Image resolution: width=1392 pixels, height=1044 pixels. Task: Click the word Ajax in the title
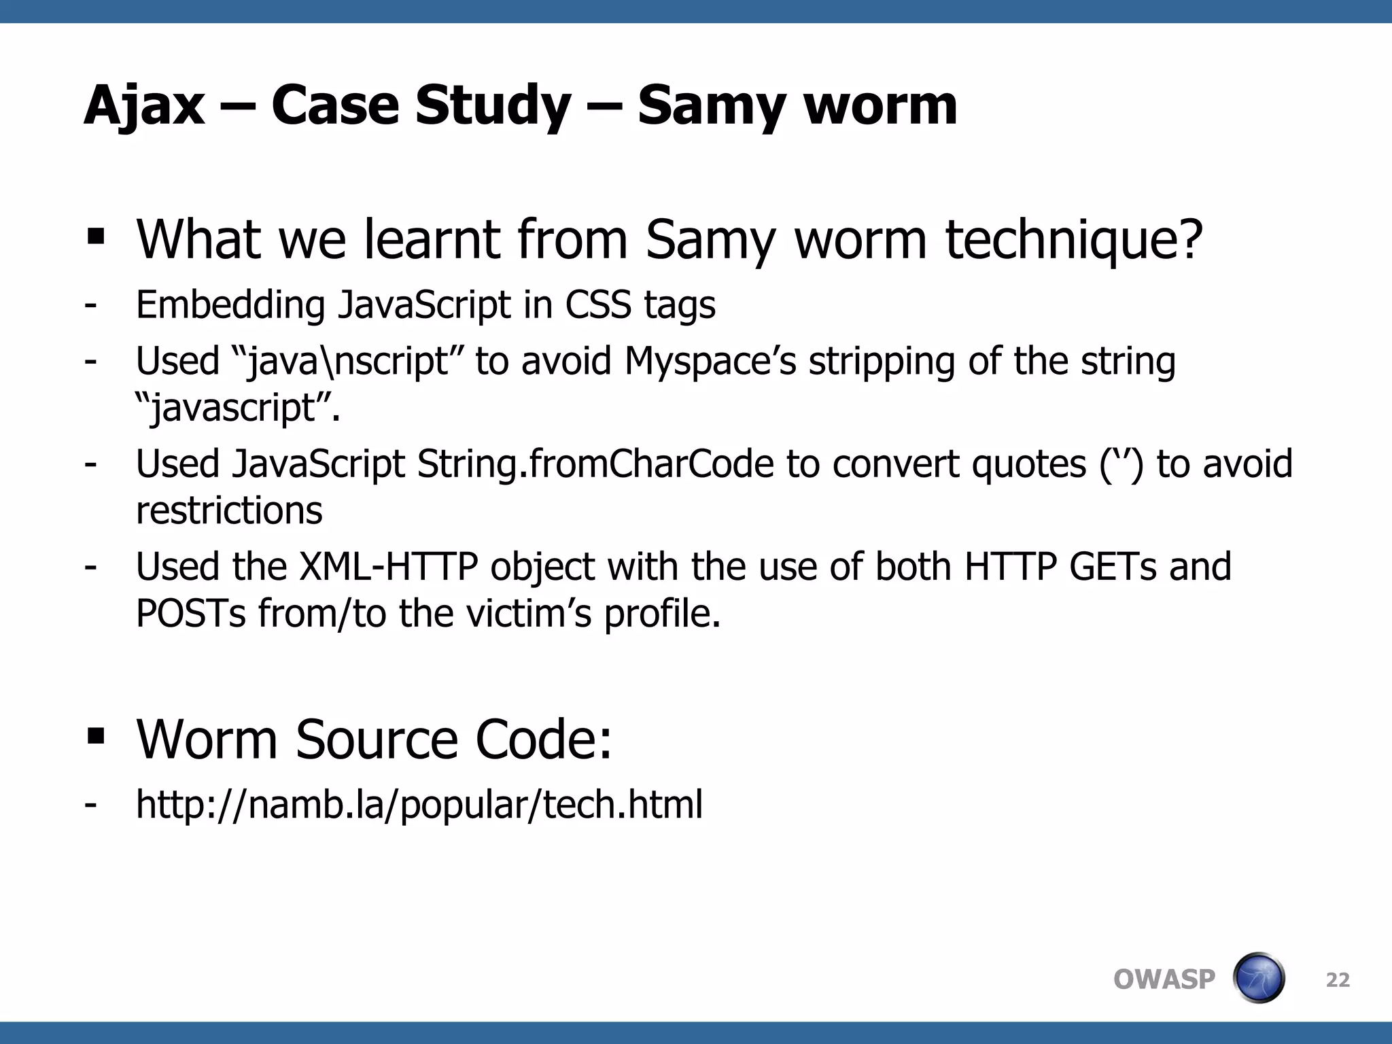tap(144, 106)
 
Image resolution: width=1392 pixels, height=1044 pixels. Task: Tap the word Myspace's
tap(710, 361)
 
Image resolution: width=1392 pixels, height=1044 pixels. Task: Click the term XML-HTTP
tap(389, 567)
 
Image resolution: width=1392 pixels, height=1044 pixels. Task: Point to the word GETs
tap(1113, 567)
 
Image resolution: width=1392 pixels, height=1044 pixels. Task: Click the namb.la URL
tap(419, 805)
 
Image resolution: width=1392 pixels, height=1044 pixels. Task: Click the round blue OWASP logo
tap(1259, 978)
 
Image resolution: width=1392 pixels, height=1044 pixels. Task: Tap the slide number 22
tap(1338, 980)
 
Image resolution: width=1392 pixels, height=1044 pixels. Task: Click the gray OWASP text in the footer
tap(1164, 979)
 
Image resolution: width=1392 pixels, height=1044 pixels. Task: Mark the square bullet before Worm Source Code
tap(96, 736)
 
